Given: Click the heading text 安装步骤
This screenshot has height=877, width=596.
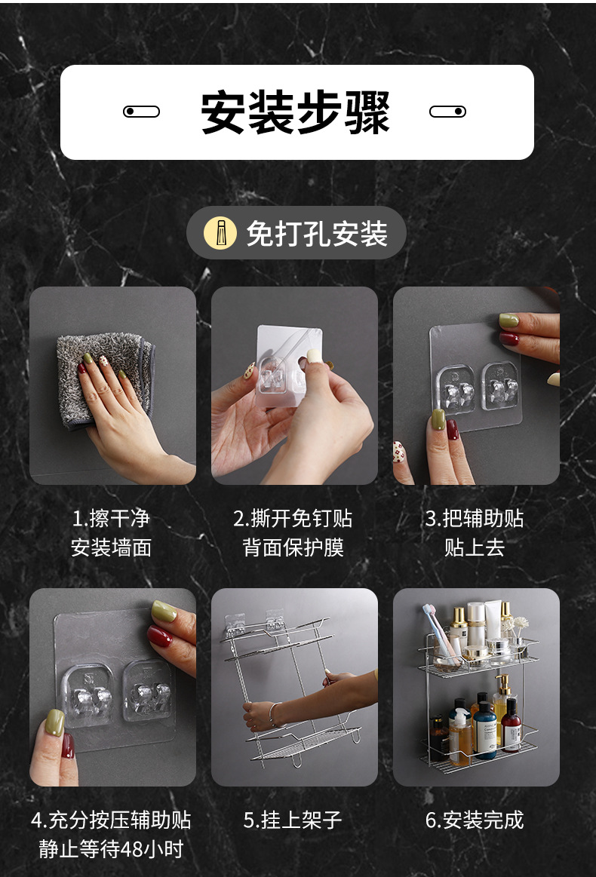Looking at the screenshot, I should tap(296, 112).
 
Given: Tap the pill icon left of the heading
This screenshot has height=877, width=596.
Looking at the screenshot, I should tap(141, 112).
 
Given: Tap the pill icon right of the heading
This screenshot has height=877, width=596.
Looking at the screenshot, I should tap(447, 112).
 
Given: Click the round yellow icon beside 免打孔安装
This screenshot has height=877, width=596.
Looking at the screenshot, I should tap(220, 233).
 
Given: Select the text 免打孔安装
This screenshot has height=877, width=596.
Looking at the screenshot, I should tap(317, 234).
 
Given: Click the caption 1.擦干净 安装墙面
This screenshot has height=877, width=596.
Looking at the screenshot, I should tap(112, 533).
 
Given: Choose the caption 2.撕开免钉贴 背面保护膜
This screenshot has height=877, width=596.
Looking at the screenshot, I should tap(293, 533).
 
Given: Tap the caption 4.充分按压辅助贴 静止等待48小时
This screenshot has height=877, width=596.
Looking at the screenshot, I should tap(112, 834).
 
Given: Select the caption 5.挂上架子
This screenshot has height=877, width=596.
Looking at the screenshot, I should tap(293, 820).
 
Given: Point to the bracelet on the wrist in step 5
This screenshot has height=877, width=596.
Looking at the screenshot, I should tap(272, 713).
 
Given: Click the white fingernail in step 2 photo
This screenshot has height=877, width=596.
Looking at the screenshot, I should tap(313, 356).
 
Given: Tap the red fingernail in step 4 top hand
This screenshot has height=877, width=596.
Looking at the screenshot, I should tap(160, 637).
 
